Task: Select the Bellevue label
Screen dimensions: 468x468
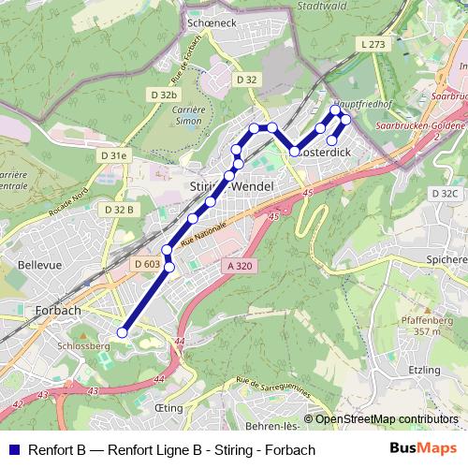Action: coord(38,265)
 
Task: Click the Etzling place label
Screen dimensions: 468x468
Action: coord(424,370)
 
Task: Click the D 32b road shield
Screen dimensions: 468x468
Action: coord(163,95)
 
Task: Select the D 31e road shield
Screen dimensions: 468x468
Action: coord(112,155)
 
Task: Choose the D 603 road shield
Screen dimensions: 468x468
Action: coord(147,265)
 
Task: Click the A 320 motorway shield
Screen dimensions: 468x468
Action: coord(239,266)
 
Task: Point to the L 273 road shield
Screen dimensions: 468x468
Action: coord(373,44)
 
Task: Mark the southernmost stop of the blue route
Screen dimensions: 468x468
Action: coord(122,332)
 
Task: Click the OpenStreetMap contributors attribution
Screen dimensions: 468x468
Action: coord(387,418)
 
